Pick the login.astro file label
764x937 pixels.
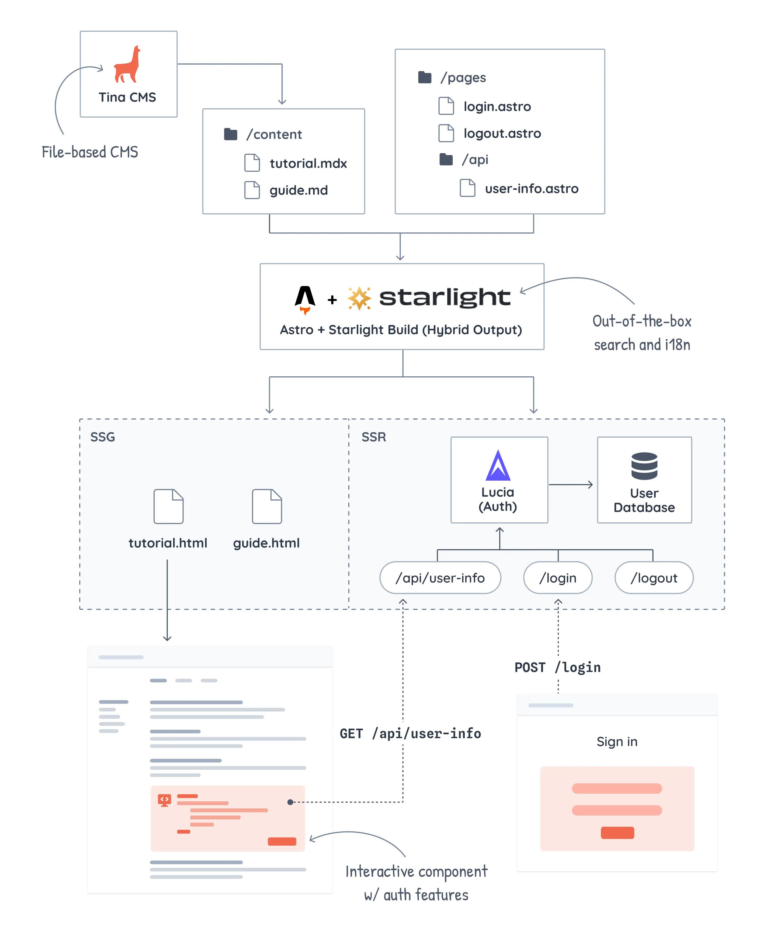point(497,106)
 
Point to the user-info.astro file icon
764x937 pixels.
point(467,188)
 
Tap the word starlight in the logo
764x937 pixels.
point(445,298)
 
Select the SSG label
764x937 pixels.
point(103,437)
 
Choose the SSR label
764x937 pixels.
point(374,437)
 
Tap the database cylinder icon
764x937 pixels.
point(644,466)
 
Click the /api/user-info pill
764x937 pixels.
point(440,577)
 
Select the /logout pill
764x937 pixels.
point(654,577)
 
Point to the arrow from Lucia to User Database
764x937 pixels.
point(571,485)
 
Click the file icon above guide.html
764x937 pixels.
point(267,506)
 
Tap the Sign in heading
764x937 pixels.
point(617,742)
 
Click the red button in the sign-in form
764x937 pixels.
point(617,833)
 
